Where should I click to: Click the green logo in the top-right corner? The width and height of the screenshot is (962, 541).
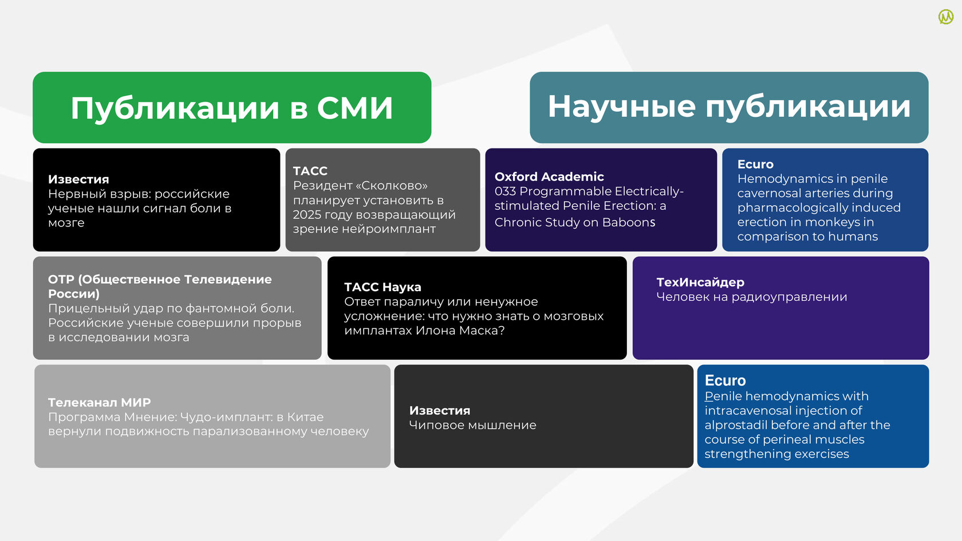point(946,17)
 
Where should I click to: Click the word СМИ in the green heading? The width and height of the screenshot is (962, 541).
point(355,108)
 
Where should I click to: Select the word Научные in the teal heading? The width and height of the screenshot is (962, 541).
point(621,107)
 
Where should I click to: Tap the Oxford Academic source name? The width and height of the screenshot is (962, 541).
point(549,177)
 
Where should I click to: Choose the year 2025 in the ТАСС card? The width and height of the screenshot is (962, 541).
point(307,214)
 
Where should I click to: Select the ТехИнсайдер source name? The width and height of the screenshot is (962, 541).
point(700,283)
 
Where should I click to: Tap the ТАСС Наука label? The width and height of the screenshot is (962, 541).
point(383,287)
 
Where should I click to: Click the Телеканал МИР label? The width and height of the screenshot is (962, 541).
point(99,403)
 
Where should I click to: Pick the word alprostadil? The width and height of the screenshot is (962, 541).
point(734,425)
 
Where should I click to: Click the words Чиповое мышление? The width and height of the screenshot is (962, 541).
point(472,425)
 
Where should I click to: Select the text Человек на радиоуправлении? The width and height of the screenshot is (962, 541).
point(751,297)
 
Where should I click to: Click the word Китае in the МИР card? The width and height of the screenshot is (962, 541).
point(305,417)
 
